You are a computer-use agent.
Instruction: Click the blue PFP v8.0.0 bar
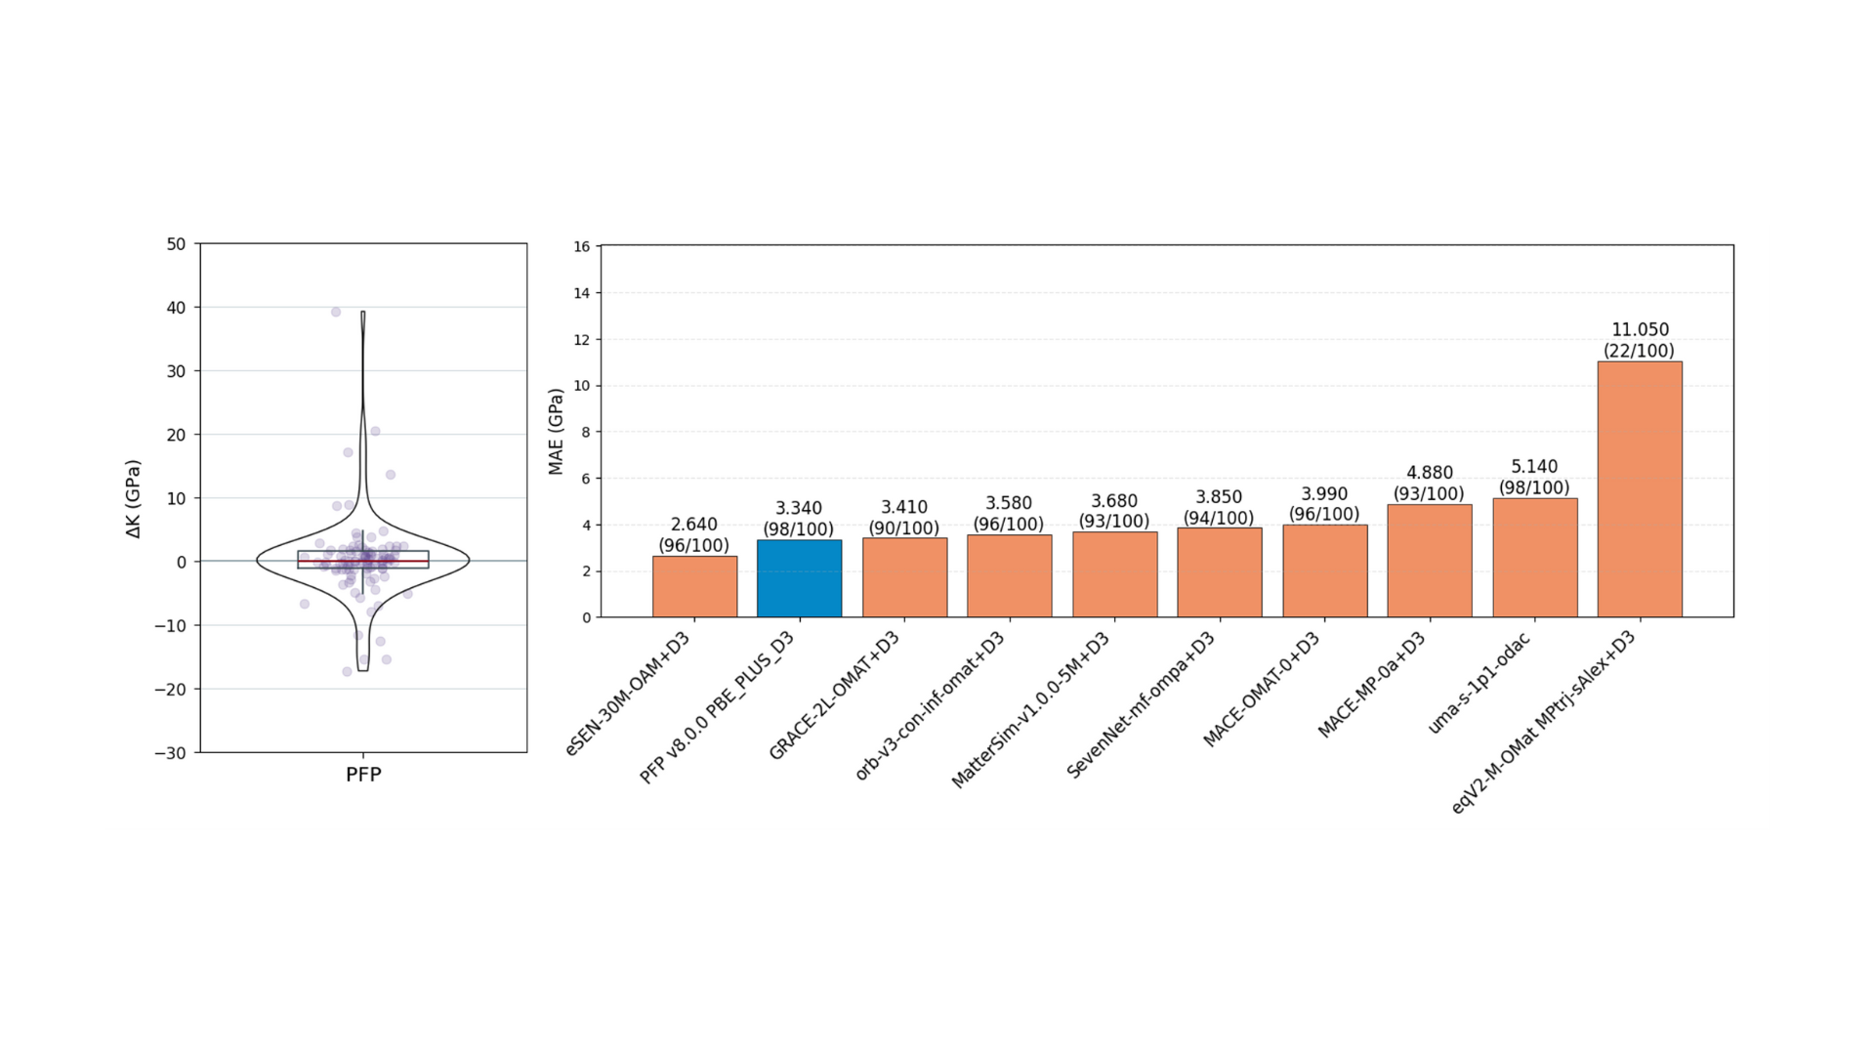799,578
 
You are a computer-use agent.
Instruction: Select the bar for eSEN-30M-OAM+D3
694,586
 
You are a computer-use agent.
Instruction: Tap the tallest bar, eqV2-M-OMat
1639,488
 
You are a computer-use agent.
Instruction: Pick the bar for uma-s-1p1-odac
1534,557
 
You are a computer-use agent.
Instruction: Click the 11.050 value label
1640,330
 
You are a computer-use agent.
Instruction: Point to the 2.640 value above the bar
693,525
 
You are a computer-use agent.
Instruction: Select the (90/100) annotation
903,528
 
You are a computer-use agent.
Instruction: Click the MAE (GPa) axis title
556,432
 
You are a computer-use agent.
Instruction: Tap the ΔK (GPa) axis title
134,498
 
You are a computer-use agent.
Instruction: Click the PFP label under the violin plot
363,775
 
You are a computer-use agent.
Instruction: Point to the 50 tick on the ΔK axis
176,244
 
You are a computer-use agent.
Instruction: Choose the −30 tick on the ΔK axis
171,753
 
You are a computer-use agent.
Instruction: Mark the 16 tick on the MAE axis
582,247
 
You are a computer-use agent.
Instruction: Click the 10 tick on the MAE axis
582,386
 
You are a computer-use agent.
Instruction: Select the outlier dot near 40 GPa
336,313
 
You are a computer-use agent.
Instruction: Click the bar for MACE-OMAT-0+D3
1324,571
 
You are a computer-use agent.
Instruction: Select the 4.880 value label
1429,473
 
